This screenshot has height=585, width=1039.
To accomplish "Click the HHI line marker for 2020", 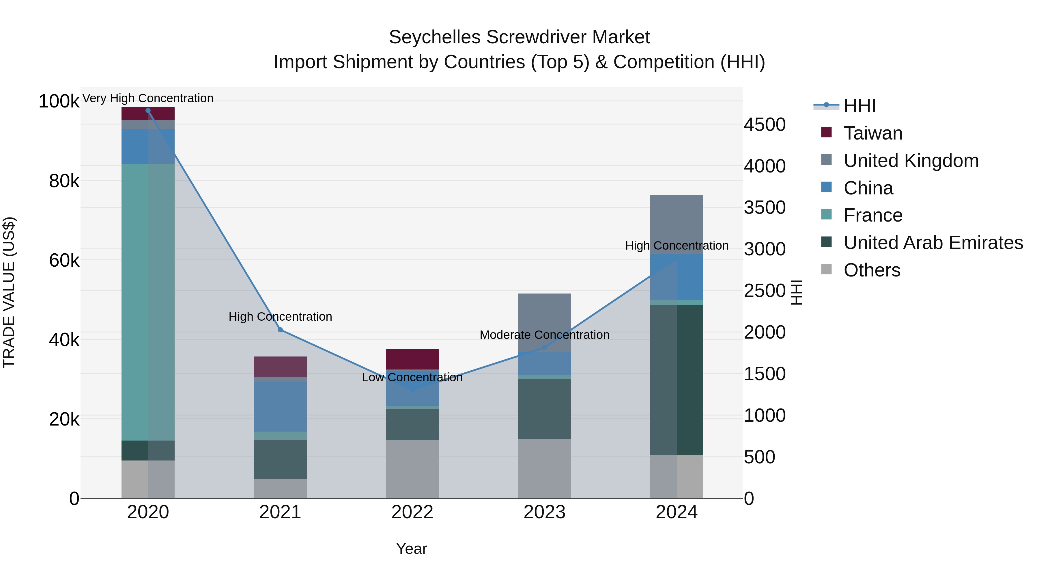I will tap(148, 111).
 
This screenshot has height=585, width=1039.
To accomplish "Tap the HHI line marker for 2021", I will tap(280, 330).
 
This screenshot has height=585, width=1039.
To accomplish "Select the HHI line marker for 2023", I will tap(545, 347).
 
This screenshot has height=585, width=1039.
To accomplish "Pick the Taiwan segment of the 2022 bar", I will tap(412, 359).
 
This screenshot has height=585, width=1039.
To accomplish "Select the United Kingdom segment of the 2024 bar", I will tap(677, 224).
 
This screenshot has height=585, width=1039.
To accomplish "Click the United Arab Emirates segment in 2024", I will tap(677, 380).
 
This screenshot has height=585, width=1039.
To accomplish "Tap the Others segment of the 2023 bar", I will tap(545, 468).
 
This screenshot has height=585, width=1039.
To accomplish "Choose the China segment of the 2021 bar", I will tap(280, 406).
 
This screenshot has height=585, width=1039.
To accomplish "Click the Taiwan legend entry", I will tap(873, 133).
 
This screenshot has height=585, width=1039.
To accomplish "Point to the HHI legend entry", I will tap(859, 106).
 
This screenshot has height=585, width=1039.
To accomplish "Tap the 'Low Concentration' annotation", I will tap(412, 378).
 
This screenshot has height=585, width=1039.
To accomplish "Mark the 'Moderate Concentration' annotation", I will tap(545, 335).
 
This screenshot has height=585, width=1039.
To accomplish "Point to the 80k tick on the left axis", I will tap(64, 181).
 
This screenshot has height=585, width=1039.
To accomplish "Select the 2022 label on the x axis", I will tap(412, 512).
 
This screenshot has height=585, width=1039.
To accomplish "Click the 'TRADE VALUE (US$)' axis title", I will tap(9, 292).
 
